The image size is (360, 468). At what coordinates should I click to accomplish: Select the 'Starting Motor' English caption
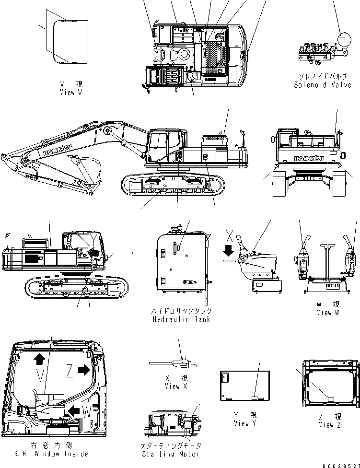[x=170, y=454]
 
